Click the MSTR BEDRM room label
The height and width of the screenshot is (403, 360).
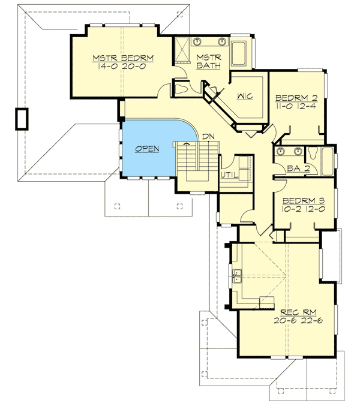click(123, 58)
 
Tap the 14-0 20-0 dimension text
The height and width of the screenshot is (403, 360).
click(123, 67)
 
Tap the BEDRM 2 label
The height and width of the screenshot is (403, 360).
click(296, 98)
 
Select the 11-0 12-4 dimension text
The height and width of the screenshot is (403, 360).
click(296, 107)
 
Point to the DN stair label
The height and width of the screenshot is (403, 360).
click(208, 137)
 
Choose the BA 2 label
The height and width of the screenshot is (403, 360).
click(298, 169)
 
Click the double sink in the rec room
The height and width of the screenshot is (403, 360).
click(238, 276)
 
